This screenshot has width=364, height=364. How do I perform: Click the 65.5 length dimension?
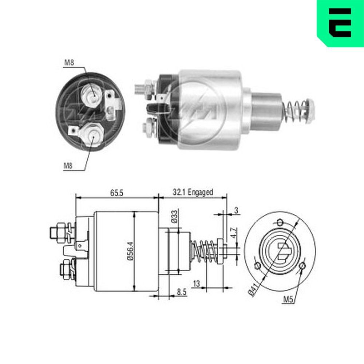coord(117,193)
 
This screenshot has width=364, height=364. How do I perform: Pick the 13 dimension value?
coord(197,283)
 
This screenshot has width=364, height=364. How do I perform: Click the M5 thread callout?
coord(288,300)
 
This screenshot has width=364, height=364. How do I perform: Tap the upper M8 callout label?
coord(69,63)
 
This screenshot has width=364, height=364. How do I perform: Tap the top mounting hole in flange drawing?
coord(280,222)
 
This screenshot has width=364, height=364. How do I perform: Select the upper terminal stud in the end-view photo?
coord(91,94)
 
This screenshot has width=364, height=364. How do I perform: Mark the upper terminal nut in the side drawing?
coord(58,232)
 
